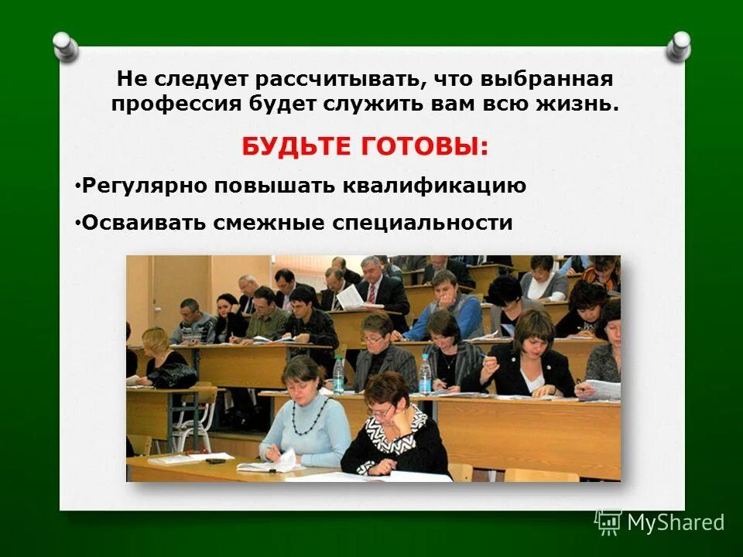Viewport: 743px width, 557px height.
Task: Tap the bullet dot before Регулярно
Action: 78,186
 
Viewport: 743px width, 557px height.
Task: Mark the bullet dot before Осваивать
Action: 78,223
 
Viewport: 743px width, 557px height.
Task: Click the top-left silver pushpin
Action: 67,46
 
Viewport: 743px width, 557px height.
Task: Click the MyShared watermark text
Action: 675,522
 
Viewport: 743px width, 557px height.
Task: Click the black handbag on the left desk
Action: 173,374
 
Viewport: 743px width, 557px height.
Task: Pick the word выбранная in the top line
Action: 546,80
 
